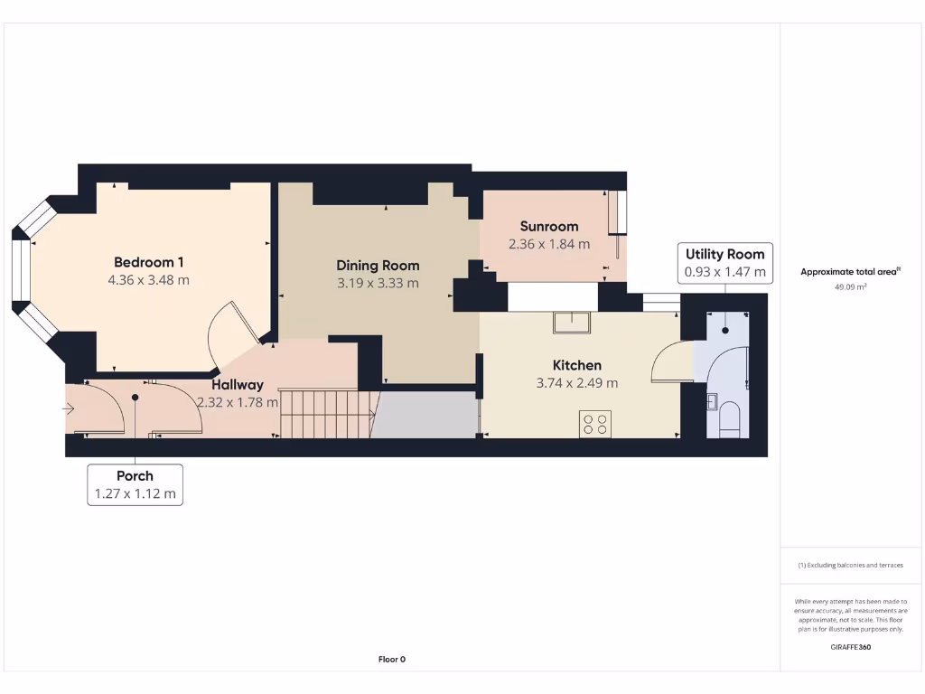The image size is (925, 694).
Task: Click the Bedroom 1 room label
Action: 149,262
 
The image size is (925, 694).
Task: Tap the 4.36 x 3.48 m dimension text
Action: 149,280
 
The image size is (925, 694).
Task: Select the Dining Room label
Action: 378,266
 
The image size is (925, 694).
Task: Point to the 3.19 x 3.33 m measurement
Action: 378,283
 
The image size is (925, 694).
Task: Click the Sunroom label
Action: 549,226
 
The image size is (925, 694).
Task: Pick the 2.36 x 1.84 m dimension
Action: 549,244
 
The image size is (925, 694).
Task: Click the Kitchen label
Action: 577,365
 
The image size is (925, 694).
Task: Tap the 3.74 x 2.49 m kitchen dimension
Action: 577,383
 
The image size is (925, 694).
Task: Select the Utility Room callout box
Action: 724,262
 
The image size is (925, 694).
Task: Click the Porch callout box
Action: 135,484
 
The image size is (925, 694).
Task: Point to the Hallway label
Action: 238,385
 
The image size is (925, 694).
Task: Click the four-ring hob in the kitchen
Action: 595,424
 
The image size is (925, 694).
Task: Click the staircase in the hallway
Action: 325,413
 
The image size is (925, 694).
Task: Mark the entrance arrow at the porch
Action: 69,409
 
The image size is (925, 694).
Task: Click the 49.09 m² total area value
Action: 849,286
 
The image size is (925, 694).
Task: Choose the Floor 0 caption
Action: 392,659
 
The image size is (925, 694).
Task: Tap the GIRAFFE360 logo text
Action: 850,647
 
